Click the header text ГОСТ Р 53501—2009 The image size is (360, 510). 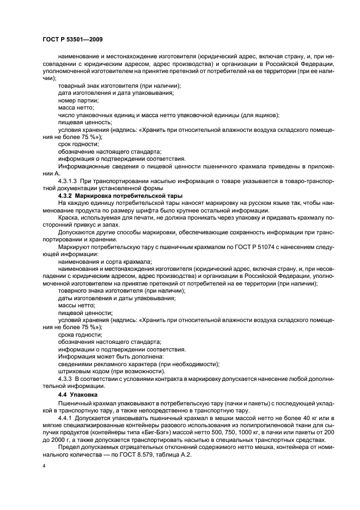pos(73,40)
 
